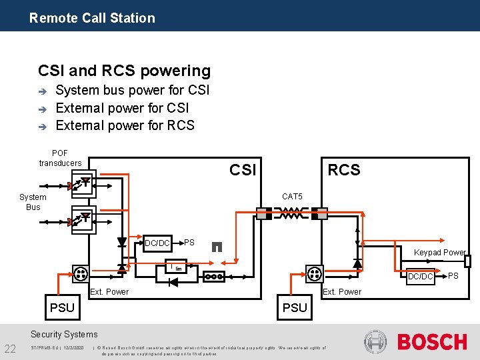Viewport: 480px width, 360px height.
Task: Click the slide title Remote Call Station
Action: [x=92, y=18]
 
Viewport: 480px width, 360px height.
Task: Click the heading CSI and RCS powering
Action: [x=124, y=71]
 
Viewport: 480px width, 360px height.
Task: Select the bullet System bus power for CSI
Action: [x=133, y=90]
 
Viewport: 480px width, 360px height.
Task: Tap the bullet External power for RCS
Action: [x=125, y=125]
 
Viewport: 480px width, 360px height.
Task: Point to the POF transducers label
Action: [x=60, y=158]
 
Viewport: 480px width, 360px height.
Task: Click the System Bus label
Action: [x=33, y=202]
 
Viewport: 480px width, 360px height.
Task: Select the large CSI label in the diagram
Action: [x=243, y=170]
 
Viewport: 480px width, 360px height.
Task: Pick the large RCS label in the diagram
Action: [x=343, y=170]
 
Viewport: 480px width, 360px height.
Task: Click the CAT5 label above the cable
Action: [x=292, y=197]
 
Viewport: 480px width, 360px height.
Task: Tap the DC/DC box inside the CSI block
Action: [x=157, y=243]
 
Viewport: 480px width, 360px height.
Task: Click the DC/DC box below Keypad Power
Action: [x=421, y=276]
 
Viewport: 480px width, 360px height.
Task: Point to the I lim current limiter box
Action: [x=176, y=267]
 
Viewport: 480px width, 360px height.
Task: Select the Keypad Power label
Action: [x=439, y=253]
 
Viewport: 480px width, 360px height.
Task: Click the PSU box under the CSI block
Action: [x=62, y=307]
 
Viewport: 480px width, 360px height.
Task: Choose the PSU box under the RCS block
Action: [x=295, y=307]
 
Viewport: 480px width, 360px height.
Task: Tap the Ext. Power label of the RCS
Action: [x=341, y=291]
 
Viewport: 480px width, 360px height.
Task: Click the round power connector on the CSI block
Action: [x=81, y=273]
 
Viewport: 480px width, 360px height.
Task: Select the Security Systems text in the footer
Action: [x=64, y=335]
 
